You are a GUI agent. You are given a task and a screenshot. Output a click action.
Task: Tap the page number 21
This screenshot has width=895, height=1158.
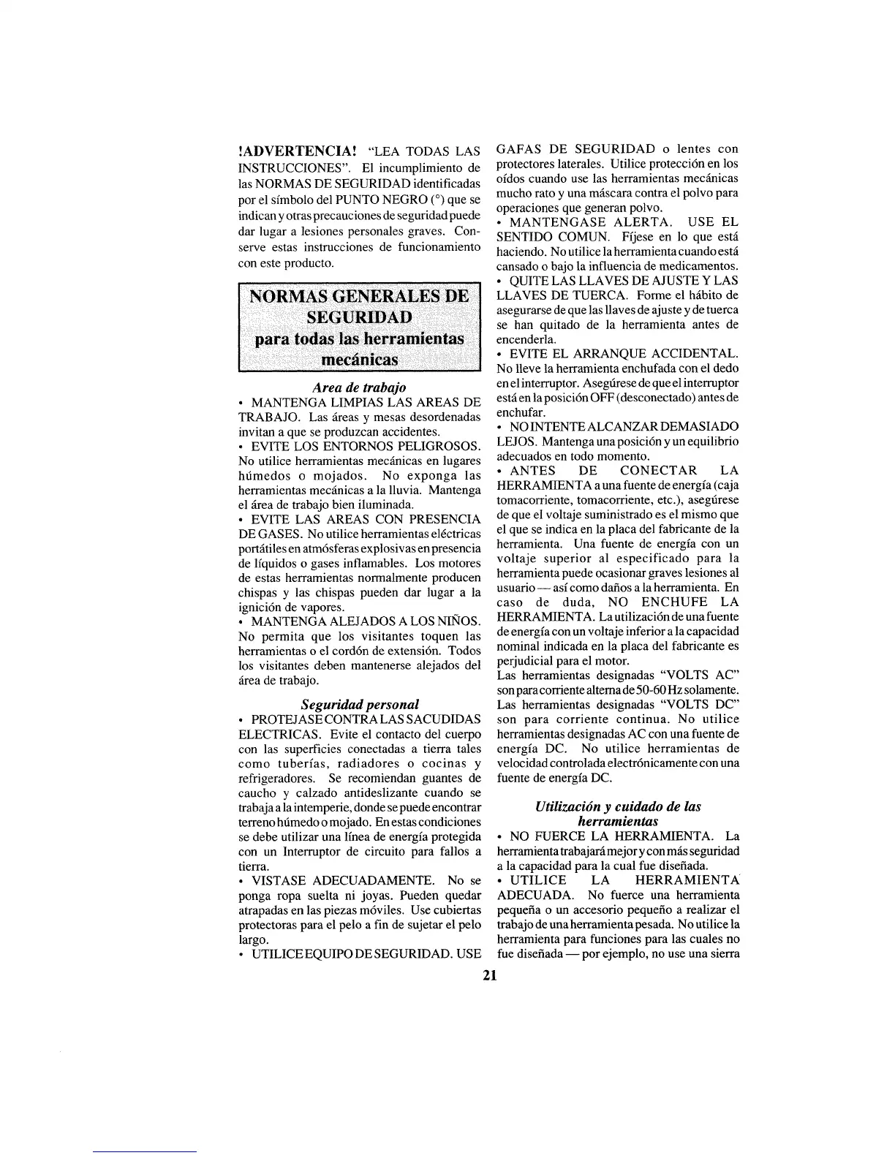(489, 975)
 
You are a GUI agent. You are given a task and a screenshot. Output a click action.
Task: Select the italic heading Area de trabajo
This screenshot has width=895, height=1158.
(359, 387)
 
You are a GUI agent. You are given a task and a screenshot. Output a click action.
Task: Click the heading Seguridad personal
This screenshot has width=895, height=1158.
(360, 704)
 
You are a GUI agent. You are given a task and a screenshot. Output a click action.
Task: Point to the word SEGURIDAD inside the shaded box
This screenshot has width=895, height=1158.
(358, 317)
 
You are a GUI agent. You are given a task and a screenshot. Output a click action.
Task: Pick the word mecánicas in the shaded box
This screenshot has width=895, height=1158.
(358, 360)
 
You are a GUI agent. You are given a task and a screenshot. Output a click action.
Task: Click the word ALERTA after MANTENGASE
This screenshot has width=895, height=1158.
(639, 222)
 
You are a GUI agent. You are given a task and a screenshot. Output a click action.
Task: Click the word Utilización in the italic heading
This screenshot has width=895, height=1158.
(570, 806)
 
